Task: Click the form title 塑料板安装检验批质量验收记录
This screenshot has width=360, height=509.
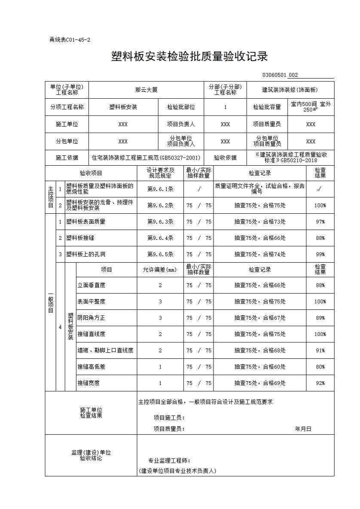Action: click(189, 57)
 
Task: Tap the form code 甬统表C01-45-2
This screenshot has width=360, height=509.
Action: click(70, 40)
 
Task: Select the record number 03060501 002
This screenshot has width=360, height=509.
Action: click(280, 75)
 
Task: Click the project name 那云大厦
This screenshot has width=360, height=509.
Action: click(146, 90)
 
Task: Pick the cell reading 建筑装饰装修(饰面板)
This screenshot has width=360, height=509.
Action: click(290, 90)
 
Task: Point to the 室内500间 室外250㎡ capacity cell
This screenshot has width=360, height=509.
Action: click(311, 107)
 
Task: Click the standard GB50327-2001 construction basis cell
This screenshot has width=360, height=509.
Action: click(146, 158)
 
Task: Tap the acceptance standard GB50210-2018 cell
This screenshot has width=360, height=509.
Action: click(291, 158)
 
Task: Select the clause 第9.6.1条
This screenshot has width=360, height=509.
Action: click(160, 189)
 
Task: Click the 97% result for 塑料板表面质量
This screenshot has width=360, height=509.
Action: click(320, 222)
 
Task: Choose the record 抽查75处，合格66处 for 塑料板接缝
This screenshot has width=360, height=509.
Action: click(260, 238)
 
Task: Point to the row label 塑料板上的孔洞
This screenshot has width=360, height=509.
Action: click(85, 254)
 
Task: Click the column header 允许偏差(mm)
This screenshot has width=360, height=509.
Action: click(160, 270)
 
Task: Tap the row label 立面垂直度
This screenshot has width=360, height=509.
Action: click(91, 285)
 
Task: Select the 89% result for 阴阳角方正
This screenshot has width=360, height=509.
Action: click(320, 318)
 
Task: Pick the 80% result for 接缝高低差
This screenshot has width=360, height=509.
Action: click(320, 367)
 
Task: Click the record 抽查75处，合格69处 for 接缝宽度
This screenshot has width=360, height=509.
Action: click(260, 383)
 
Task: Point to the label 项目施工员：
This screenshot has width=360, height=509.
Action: click(169, 418)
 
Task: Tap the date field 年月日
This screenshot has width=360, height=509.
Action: click(303, 429)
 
